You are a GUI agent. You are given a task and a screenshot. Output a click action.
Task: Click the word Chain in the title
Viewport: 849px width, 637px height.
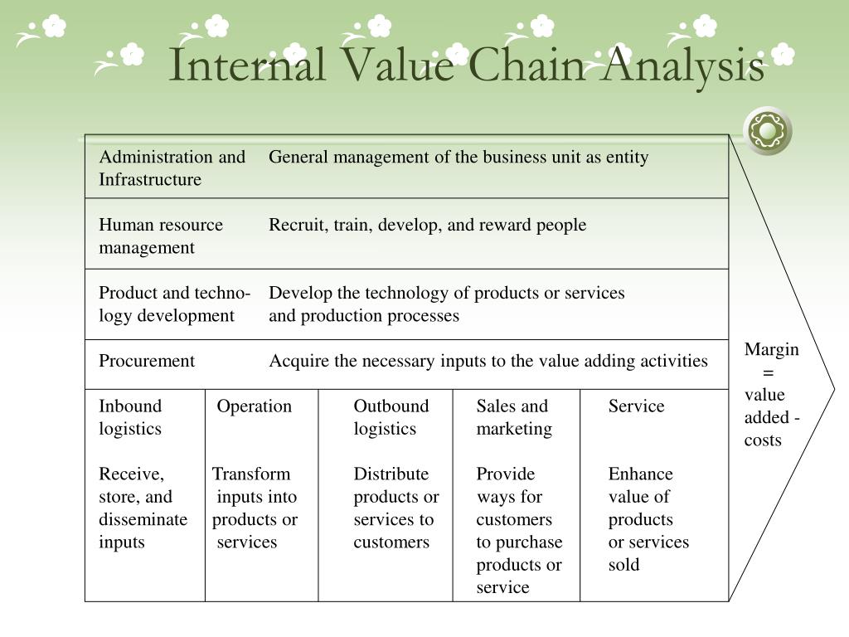coord(526,66)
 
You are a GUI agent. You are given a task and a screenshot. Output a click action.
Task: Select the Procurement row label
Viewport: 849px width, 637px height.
coord(147,361)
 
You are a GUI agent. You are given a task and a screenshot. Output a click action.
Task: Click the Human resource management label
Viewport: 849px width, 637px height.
coord(161,236)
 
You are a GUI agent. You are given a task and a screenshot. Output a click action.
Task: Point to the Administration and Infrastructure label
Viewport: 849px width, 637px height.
coord(172,168)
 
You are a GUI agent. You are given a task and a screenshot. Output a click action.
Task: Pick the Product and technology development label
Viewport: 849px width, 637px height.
coord(174,304)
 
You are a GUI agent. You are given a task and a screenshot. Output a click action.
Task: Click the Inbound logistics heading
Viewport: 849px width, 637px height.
coord(130,417)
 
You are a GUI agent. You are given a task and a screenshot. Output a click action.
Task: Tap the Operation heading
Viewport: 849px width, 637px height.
coord(255,406)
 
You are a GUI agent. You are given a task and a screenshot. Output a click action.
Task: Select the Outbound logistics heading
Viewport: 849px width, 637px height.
coord(391,417)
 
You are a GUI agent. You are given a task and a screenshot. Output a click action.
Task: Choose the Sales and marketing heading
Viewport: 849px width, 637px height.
coord(513,417)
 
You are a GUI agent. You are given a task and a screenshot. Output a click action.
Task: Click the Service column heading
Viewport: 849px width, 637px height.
coord(636,406)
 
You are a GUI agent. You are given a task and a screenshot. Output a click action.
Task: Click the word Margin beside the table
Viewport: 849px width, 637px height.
coord(771,349)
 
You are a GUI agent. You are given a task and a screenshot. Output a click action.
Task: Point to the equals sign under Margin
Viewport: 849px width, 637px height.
coord(768,372)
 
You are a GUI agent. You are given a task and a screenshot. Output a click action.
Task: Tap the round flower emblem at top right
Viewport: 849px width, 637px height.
coord(767,130)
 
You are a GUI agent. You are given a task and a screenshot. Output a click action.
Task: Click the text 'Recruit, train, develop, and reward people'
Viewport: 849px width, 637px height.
coord(427,225)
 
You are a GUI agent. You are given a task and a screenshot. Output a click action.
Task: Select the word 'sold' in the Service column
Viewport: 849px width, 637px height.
coord(623,565)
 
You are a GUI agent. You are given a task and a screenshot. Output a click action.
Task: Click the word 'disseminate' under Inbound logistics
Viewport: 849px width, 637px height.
coord(143,520)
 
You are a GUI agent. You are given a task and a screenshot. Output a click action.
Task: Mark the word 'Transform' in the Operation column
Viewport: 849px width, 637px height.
coord(251,474)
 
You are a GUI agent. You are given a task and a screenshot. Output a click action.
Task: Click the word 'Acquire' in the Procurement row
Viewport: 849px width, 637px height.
coord(295,361)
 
